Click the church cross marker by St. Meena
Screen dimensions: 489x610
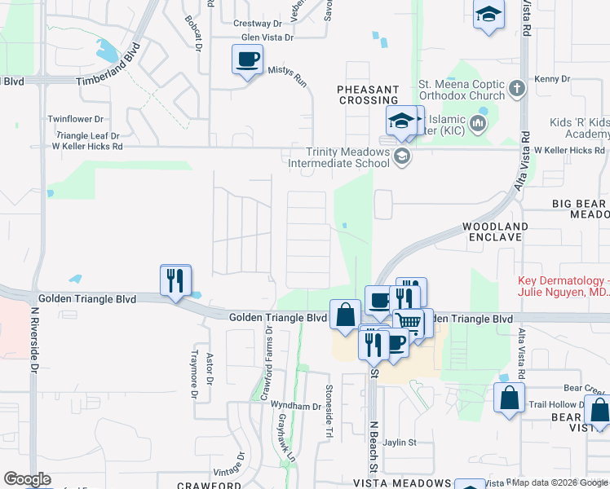click(516, 87)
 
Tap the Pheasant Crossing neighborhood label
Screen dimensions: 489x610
click(369, 95)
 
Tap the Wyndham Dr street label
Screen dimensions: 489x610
click(296, 405)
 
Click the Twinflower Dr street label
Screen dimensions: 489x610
click(77, 119)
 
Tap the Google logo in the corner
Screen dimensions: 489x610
click(27, 479)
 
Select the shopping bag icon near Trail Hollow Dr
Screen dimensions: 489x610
click(509, 399)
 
